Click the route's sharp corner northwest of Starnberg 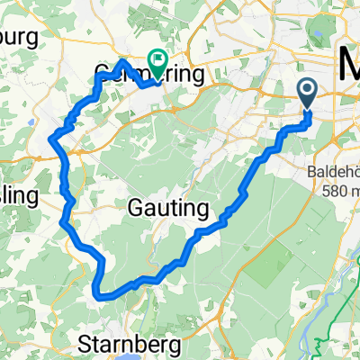click(x=97, y=292)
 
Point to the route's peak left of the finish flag click(x=122, y=61)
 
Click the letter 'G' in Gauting click(x=139, y=208)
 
